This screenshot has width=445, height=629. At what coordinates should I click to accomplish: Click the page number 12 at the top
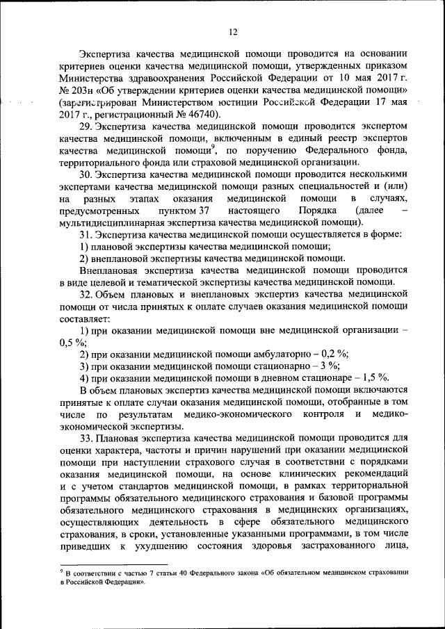tap(232, 31)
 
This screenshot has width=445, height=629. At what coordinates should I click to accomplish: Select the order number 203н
tap(75, 91)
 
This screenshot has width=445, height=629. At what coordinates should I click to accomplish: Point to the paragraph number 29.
tap(86, 127)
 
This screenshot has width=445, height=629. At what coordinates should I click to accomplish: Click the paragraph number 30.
tap(86, 174)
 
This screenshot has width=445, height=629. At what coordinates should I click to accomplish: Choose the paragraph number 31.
tap(86, 234)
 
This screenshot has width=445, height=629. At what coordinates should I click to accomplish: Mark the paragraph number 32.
tap(86, 295)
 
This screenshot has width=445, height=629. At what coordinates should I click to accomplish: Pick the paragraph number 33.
tap(86, 439)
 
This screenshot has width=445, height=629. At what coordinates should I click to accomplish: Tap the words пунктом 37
tap(184, 210)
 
